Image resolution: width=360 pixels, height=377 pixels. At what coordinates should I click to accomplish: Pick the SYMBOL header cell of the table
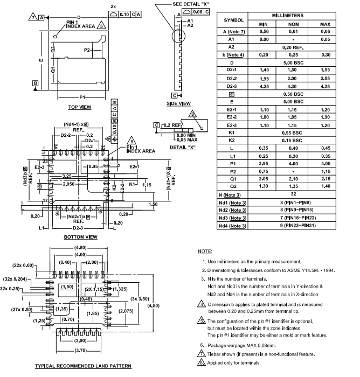point(233,20)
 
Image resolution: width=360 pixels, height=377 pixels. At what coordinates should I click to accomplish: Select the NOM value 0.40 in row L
point(293,148)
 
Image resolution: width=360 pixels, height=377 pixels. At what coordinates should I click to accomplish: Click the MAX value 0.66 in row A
point(325,31)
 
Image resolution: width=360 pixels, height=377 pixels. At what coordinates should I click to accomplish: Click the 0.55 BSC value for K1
point(293,132)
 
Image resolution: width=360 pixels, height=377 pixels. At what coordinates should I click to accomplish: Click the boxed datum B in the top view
point(35,83)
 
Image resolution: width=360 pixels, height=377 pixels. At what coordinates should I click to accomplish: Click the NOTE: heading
point(205,252)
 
